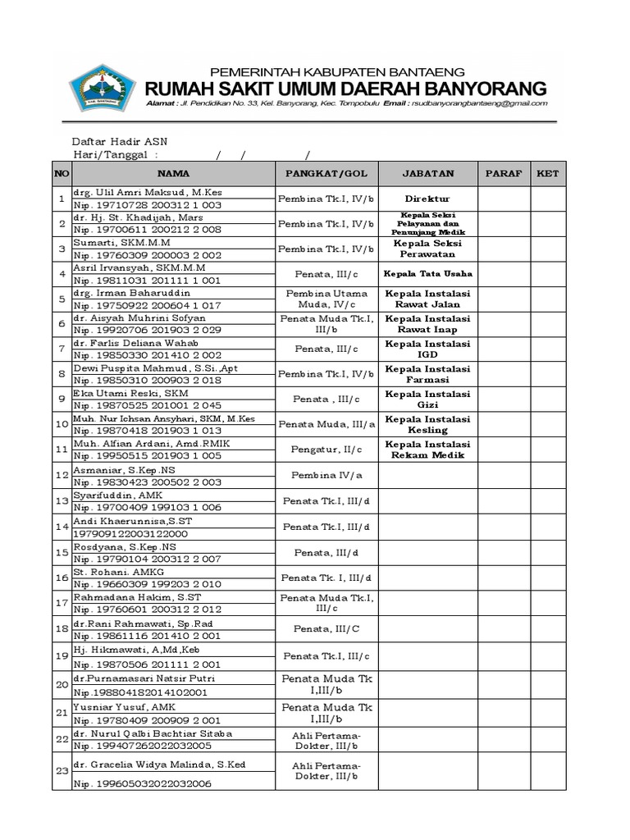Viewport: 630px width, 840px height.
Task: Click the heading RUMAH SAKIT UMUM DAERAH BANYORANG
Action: (345, 88)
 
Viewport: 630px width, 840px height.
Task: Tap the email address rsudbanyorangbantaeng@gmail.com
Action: (477, 104)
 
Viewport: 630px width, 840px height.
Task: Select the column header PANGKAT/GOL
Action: (326, 174)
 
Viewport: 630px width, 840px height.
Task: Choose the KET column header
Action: (546, 174)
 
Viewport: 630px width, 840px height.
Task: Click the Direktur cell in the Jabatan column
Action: (427, 199)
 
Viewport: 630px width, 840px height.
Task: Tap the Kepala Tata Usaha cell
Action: (427, 274)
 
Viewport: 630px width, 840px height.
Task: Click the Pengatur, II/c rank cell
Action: (326, 450)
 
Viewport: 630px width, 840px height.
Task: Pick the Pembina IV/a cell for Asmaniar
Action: (326, 475)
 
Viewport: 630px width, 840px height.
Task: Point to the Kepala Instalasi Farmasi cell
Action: (427, 375)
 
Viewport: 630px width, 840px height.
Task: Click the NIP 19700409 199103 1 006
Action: (148, 507)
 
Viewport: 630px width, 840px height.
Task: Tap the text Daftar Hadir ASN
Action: (120, 141)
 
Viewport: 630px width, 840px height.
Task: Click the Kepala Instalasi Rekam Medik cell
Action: (427, 450)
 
